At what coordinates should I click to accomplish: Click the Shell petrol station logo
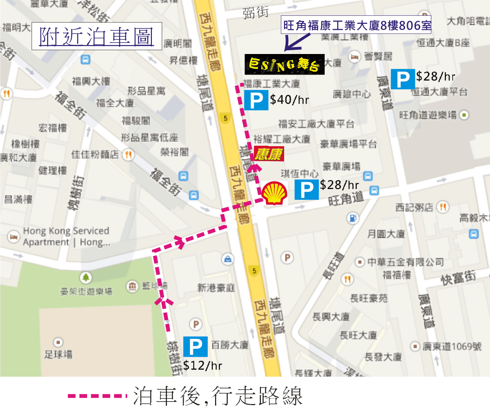pos(274,193)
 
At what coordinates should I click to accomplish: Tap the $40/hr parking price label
pos(289,99)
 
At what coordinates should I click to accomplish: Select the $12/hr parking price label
pos(203,366)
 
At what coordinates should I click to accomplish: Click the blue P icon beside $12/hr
pos(196,347)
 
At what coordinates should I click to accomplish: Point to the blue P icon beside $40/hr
pos(256,100)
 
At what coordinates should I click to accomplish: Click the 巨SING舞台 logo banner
pos(284,64)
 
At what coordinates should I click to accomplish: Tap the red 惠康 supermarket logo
pos(269,154)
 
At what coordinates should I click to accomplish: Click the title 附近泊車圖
pos(96,37)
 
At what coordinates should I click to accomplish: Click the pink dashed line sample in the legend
pos(97,396)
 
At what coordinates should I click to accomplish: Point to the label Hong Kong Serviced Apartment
pos(66,237)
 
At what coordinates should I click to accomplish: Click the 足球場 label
pos(58,354)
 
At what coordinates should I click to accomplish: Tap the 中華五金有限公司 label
pos(405,262)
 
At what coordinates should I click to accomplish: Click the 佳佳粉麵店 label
pos(95,155)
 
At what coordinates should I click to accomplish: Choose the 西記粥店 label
pos(414,206)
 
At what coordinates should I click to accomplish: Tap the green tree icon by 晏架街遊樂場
pos(86,278)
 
